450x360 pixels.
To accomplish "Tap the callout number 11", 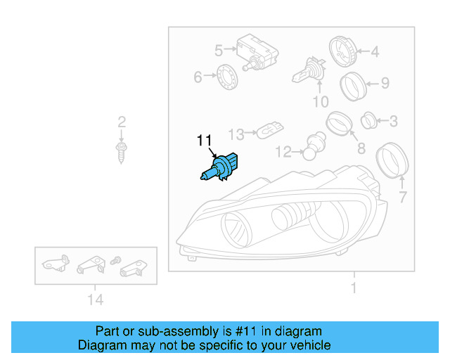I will [x=205, y=140].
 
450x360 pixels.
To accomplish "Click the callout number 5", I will [x=218, y=51].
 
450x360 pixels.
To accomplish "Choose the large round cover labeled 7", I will [x=392, y=160].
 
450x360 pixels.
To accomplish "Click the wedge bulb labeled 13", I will [x=270, y=131].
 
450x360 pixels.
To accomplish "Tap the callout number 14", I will [x=96, y=300].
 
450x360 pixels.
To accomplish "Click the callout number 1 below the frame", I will [x=353, y=288].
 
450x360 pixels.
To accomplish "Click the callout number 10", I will [x=320, y=102].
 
